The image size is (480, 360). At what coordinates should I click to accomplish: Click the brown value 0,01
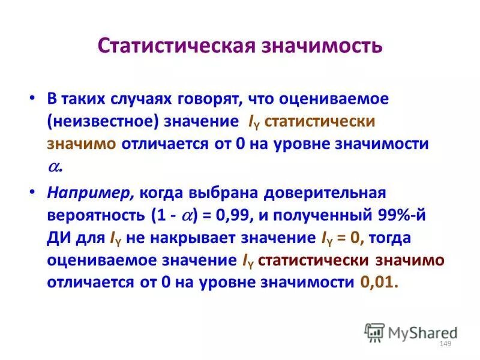[x=379, y=282]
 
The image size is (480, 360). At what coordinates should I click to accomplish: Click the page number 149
[x=445, y=343]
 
